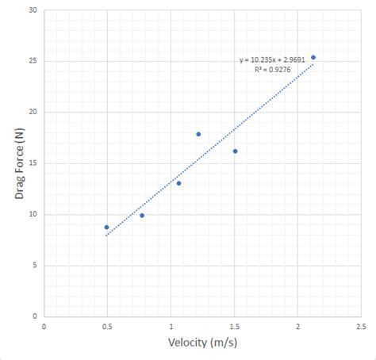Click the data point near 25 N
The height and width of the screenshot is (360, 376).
(313, 57)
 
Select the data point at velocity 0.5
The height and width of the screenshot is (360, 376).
(106, 227)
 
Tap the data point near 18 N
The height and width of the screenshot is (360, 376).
(198, 134)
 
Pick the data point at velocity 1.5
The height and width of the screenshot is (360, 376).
(235, 151)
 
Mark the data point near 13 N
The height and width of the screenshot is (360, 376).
(178, 183)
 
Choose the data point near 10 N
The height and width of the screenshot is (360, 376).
(142, 215)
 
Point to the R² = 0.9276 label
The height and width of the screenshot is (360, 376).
(273, 70)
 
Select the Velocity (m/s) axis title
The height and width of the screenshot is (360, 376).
(202, 343)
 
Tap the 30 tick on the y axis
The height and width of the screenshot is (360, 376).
(32, 10)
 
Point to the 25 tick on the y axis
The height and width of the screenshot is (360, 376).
(32, 61)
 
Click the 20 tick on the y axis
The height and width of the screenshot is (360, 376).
(32, 112)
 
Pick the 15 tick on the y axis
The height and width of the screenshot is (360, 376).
(32, 163)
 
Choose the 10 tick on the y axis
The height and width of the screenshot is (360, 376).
(32, 214)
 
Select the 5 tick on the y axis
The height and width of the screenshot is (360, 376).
(34, 265)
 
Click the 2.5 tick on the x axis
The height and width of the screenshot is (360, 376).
(361, 326)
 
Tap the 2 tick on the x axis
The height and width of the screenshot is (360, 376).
(297, 326)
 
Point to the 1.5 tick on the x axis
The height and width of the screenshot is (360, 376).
(234, 326)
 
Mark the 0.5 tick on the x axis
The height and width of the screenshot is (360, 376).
(107, 326)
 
